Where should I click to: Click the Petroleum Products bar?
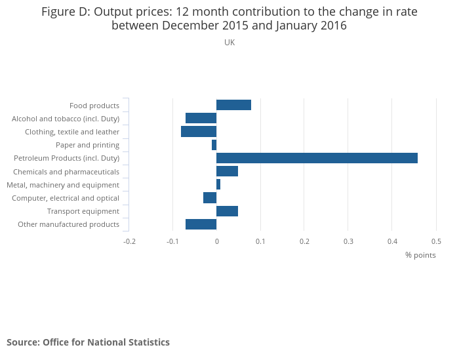[317, 158]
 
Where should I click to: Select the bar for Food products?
[233, 105]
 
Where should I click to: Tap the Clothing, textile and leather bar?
[199, 132]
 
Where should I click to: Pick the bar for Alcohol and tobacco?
[201, 118]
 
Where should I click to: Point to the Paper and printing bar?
[214, 145]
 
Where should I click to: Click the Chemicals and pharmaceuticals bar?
[227, 171]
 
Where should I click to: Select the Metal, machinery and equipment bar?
[218, 185]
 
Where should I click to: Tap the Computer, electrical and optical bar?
[210, 198]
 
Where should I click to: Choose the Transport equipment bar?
[227, 211]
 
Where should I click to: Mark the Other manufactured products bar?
[201, 224]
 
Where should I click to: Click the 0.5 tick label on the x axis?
[436, 241]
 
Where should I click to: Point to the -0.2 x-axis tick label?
[129, 241]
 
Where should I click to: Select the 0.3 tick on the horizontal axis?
[348, 241]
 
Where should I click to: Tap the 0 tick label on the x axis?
[216, 241]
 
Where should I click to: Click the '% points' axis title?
[420, 255]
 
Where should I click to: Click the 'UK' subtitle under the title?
[229, 43]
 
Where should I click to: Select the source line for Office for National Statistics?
[88, 342]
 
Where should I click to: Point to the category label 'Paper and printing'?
[87, 145]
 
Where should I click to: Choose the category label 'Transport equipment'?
[83, 211]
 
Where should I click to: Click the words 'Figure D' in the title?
[65, 12]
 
